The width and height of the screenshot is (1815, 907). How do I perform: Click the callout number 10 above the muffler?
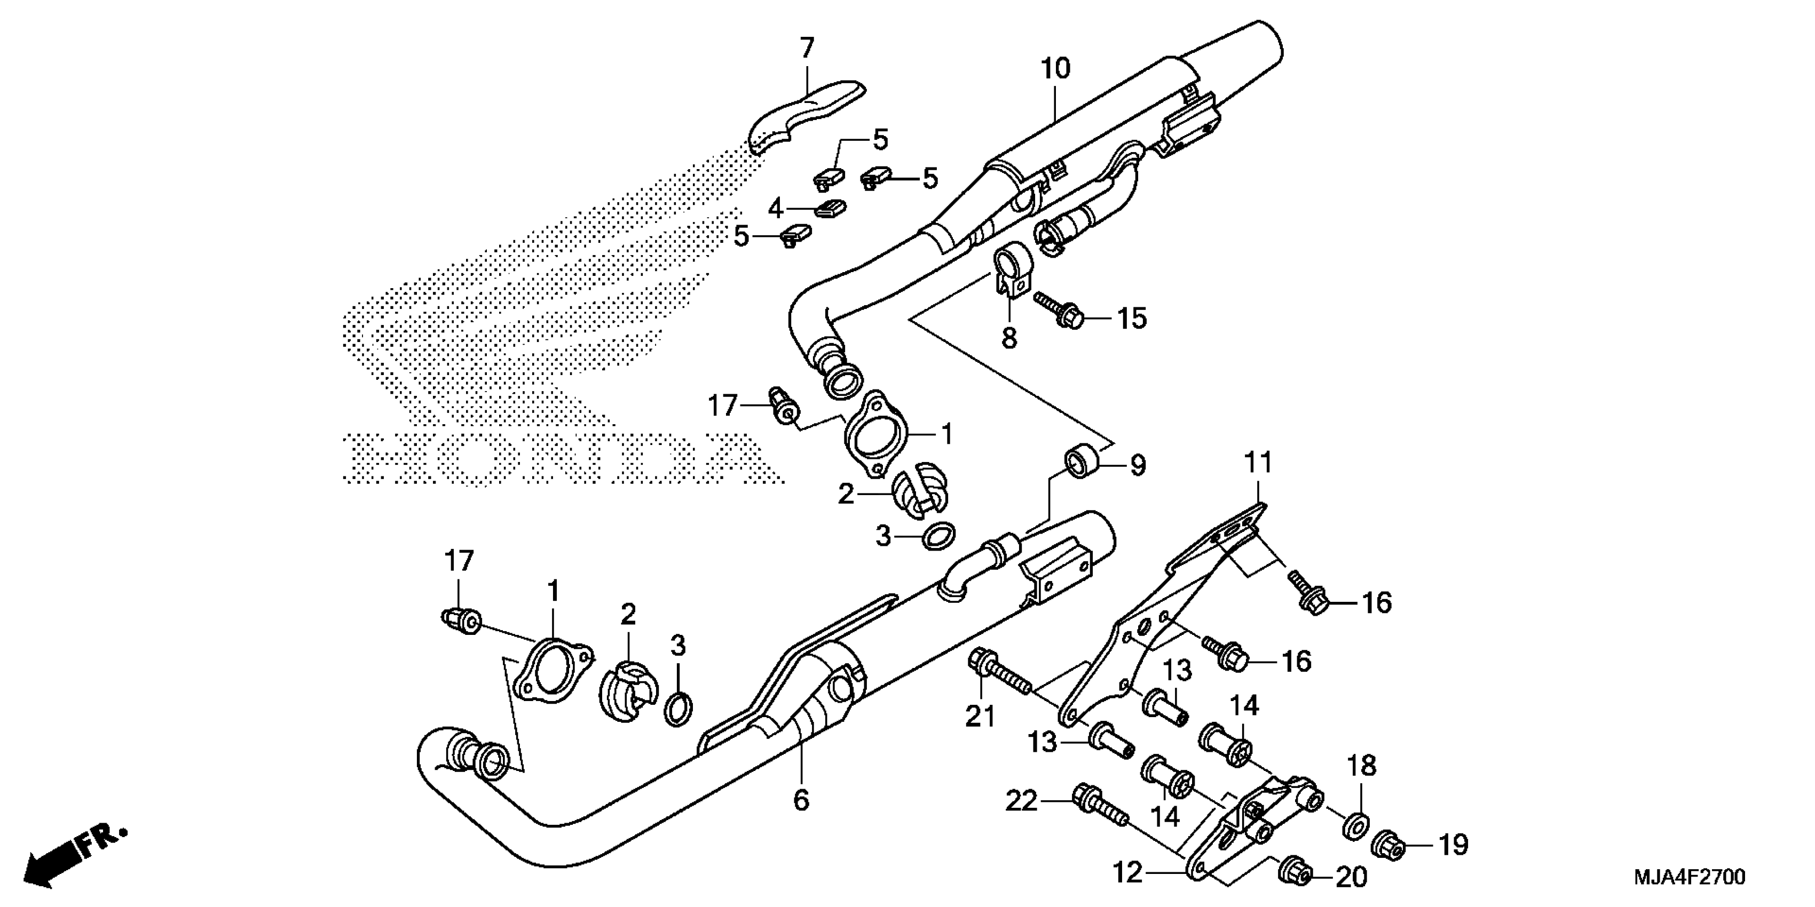coord(1055,69)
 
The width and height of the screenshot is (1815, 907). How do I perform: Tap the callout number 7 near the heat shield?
coord(807,48)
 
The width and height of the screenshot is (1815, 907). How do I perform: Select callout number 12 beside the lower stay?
coord(1127,873)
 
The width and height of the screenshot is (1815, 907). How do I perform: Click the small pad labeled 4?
coord(831,209)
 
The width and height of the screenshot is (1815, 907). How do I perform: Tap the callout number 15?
coord(1132,319)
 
